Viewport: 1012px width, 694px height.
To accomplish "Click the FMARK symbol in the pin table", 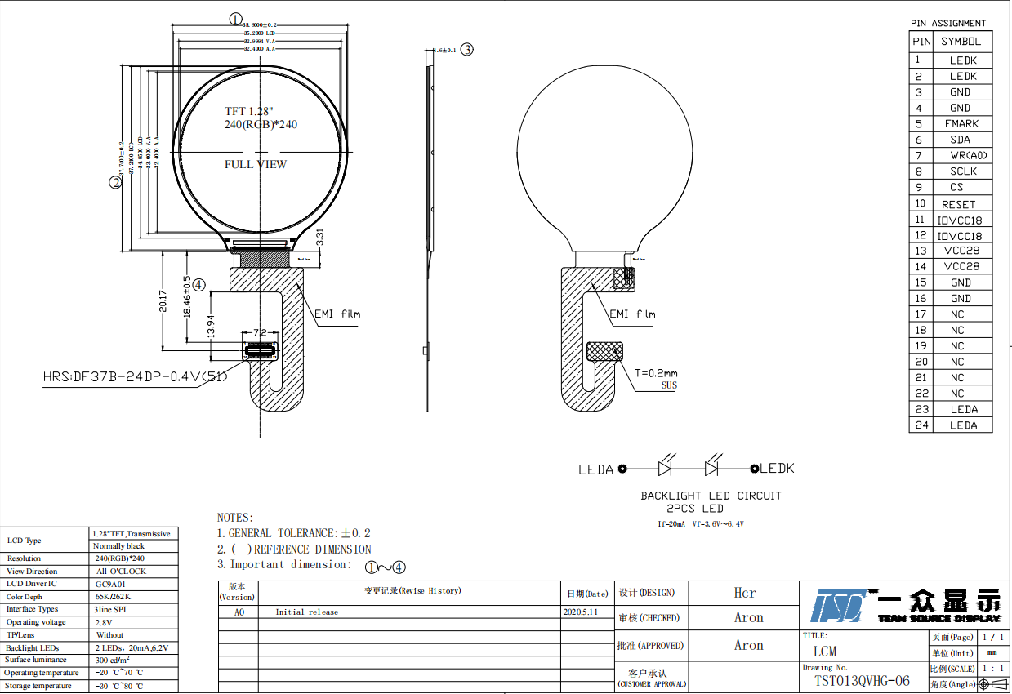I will [x=961, y=123].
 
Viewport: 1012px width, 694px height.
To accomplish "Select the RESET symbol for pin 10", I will [x=958, y=204].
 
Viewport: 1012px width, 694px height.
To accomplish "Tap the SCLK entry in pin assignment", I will [x=963, y=171].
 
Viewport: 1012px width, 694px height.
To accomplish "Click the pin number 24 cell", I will [x=921, y=425].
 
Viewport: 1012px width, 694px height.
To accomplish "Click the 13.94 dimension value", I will [x=211, y=327].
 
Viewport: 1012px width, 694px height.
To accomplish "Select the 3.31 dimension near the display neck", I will [x=320, y=238].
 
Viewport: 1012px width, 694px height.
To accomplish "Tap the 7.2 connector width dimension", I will [x=261, y=333].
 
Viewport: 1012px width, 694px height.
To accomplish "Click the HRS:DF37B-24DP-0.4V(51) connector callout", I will [x=135, y=377].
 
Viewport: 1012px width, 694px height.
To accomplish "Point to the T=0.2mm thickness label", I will [x=656, y=373].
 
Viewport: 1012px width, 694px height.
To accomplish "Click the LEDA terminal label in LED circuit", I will [x=595, y=469].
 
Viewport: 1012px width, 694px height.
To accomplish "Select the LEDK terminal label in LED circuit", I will [x=777, y=469].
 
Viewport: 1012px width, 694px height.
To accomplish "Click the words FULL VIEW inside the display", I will [x=256, y=164].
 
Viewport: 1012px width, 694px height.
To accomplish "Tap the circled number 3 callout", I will [x=466, y=49].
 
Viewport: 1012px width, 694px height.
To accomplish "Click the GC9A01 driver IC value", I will [x=111, y=584].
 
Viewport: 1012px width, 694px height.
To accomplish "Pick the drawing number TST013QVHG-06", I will [x=862, y=681].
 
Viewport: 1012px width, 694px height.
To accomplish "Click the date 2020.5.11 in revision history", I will [x=581, y=612].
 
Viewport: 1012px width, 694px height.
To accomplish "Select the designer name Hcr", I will [x=744, y=593].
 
